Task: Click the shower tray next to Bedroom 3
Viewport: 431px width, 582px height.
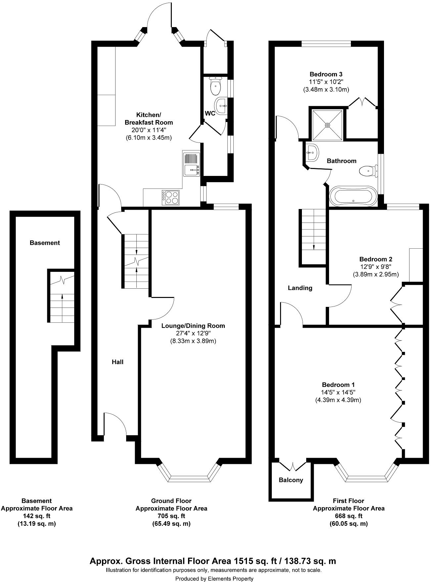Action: coord(327,125)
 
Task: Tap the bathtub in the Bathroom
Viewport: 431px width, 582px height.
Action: coord(353,197)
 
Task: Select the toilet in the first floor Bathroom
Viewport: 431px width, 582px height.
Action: coord(367,171)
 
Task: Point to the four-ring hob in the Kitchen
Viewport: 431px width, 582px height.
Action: coord(170,197)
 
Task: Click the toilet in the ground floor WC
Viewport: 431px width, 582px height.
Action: coord(215,86)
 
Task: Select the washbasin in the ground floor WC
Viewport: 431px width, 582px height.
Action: coord(221,106)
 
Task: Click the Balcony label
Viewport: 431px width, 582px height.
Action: coord(291,480)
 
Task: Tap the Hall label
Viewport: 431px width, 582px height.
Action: coord(117,362)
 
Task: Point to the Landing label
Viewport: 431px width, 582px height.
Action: coord(300,288)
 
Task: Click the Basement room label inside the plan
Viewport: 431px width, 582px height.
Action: coord(45,243)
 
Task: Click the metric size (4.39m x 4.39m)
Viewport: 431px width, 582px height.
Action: coord(338,400)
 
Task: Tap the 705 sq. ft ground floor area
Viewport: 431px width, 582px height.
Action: coord(171,516)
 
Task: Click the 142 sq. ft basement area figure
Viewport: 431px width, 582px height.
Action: coord(36,516)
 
